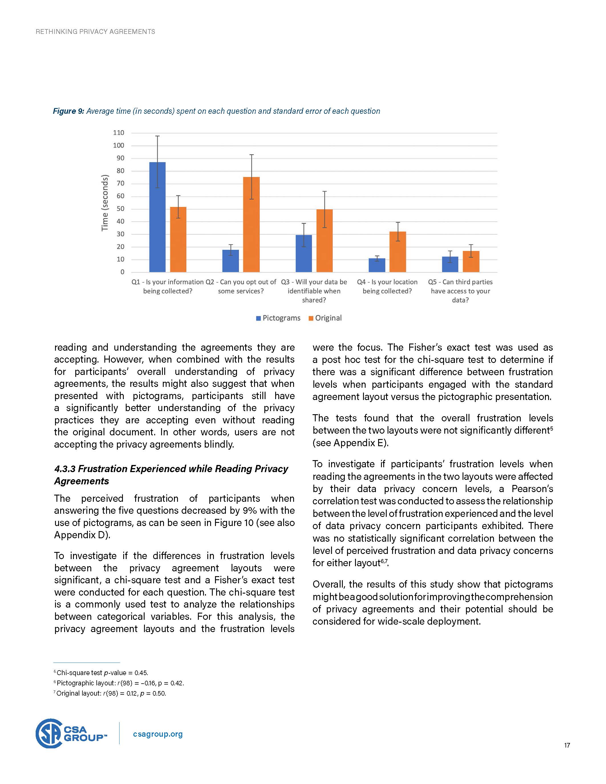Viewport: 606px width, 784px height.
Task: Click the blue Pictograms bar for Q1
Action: pos(157,217)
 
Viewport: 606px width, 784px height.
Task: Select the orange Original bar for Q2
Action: pos(251,224)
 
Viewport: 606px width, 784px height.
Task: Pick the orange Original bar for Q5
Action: pos(471,261)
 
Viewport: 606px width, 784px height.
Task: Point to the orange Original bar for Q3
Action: pos(325,241)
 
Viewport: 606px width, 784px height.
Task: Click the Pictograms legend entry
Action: pos(278,318)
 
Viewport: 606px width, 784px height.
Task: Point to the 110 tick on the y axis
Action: pos(118,133)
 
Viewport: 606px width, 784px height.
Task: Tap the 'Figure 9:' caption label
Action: pos(68,111)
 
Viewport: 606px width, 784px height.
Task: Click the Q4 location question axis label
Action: pos(387,287)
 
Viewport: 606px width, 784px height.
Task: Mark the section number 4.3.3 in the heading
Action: pos(65,469)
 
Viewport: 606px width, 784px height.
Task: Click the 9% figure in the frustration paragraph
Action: pos(250,511)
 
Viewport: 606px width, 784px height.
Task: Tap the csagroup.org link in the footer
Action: pos(158,734)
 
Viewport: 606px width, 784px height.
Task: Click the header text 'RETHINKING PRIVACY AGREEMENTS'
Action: pos(96,32)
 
